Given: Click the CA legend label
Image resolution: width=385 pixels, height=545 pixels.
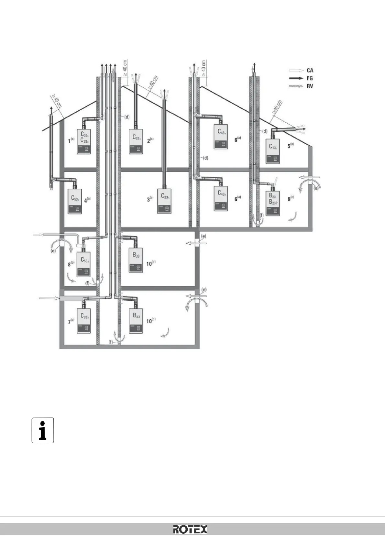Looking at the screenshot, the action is pyautogui.click(x=310, y=70).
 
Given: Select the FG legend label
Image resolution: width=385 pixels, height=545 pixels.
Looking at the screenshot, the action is pyautogui.click(x=310, y=78).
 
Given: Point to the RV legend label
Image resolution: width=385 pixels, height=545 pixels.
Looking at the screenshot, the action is pyautogui.click(x=310, y=86).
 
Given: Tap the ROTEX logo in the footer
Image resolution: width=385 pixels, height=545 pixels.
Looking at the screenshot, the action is pyautogui.click(x=190, y=529).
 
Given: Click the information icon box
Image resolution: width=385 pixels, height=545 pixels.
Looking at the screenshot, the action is pyautogui.click(x=42, y=430).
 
